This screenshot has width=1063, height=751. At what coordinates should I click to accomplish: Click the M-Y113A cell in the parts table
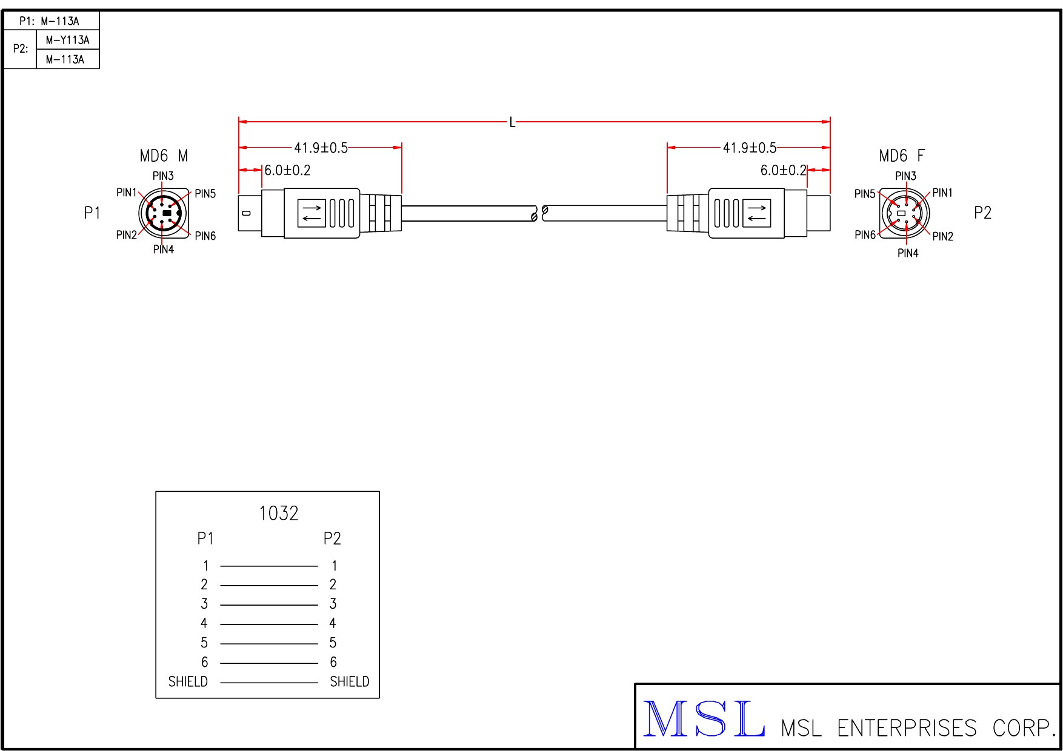click(x=67, y=40)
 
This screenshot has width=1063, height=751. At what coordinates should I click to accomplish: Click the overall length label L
click(x=512, y=123)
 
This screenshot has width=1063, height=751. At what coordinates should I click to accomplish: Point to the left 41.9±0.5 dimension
click(x=321, y=148)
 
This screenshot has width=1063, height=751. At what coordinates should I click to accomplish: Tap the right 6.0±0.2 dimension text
click(x=783, y=171)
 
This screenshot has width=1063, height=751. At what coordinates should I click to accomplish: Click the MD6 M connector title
click(x=164, y=156)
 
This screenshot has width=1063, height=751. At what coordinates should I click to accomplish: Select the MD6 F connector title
click(x=902, y=156)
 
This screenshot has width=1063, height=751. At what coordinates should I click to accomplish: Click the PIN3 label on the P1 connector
click(x=163, y=176)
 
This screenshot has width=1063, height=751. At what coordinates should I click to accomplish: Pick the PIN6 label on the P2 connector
click(x=865, y=235)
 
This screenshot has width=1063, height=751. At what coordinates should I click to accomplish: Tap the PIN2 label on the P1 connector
click(x=126, y=235)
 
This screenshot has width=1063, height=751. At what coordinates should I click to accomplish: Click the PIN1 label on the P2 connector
click(x=942, y=193)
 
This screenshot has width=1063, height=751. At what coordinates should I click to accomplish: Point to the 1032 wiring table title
click(x=279, y=514)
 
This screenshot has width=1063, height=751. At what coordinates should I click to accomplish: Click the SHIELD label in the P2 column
click(x=349, y=682)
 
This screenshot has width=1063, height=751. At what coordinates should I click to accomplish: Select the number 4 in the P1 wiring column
click(x=204, y=623)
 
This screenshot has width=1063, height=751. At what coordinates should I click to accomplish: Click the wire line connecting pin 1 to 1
click(x=269, y=566)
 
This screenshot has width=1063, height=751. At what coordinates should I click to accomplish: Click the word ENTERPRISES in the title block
click(x=907, y=728)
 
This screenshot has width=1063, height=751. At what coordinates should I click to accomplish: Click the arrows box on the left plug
click(x=312, y=213)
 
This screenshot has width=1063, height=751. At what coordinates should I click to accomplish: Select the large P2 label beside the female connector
click(x=982, y=213)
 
